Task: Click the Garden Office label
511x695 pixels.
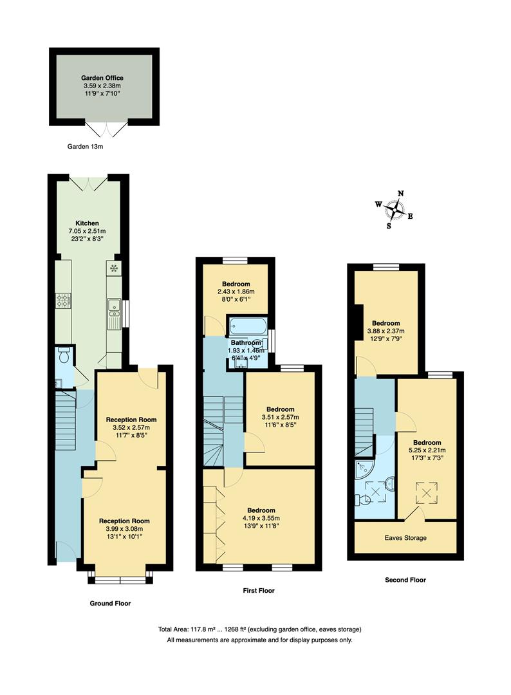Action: pos(103,78)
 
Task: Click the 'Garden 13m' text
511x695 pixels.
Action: pos(86,147)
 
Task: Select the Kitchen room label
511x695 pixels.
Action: pos(87,223)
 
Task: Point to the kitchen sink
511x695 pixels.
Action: pos(113,313)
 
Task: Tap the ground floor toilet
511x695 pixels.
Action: pos(64,355)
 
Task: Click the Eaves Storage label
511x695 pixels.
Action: pos(405,538)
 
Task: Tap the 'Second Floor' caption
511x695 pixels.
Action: pos(405,580)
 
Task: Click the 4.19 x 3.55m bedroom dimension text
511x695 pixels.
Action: pos(261,518)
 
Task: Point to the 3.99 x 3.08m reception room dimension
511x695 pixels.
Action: pos(124,528)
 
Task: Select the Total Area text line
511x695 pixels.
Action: pos(259,629)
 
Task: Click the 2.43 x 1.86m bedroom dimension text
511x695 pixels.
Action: pos(236,292)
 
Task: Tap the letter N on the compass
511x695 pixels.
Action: pos(401,193)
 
